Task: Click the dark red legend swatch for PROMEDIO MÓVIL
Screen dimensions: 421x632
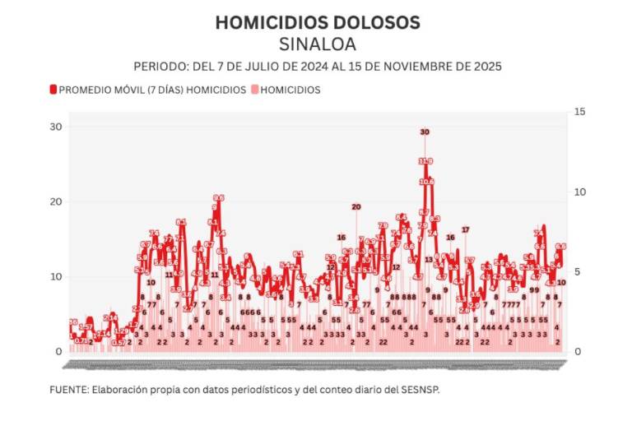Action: coord(53,90)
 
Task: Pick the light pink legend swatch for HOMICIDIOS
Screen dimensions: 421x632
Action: coord(255,90)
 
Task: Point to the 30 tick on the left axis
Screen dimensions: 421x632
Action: coord(55,127)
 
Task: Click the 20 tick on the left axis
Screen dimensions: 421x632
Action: coord(55,201)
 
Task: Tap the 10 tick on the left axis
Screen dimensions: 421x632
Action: coord(55,276)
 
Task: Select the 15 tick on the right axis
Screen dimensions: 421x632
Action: coord(579,112)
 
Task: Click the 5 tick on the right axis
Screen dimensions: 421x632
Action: coord(579,271)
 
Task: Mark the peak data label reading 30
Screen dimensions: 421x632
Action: coord(425,132)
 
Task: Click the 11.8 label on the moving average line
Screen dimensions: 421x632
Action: coord(425,161)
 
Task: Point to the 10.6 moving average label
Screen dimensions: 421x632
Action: coord(426,182)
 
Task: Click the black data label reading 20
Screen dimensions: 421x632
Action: coord(355,207)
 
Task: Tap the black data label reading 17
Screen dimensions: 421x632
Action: coord(465,229)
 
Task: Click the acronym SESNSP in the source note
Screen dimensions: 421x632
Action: coord(421,389)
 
